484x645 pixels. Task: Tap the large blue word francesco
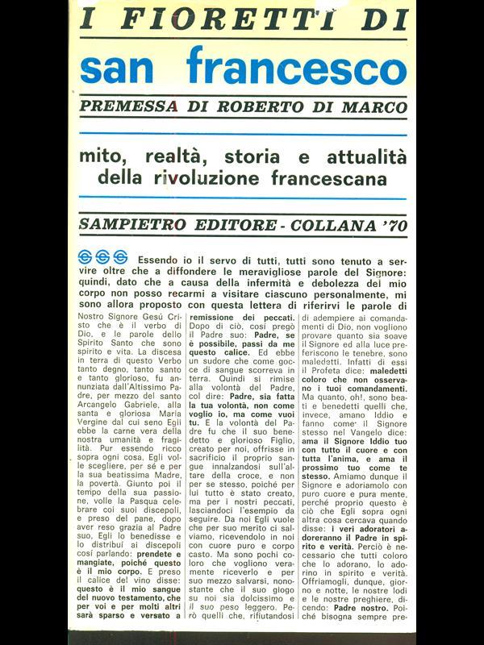click(x=297, y=67)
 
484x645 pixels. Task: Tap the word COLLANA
click(x=321, y=223)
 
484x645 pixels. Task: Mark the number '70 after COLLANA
click(x=391, y=223)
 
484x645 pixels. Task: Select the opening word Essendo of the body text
click(x=161, y=260)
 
